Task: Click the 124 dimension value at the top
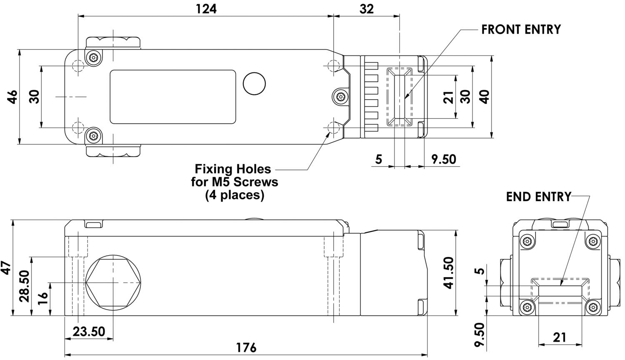pyautogui.click(x=206, y=9)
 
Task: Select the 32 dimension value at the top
pyautogui.click(x=366, y=9)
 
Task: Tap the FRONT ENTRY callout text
pyautogui.click(x=521, y=30)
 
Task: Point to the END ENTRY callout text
pyautogui.click(x=538, y=197)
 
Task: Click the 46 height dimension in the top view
pyautogui.click(x=13, y=97)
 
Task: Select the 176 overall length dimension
pyautogui.click(x=246, y=348)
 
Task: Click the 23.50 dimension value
pyautogui.click(x=89, y=332)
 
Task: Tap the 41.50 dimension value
pyautogui.click(x=449, y=273)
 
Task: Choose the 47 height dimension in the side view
pyautogui.click(x=6, y=268)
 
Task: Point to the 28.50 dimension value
pyautogui.click(x=24, y=286)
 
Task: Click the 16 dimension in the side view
pyautogui.click(x=43, y=298)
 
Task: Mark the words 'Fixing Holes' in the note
pyautogui.click(x=232, y=169)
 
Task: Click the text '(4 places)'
pyautogui.click(x=235, y=195)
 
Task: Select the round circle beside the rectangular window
pyautogui.click(x=254, y=83)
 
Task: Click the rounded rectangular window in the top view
pyautogui.click(x=173, y=97)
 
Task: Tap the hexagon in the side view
pyautogui.click(x=113, y=282)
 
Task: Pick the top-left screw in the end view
pyautogui.click(x=527, y=241)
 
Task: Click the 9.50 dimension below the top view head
pyautogui.click(x=444, y=159)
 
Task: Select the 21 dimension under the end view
pyautogui.click(x=560, y=337)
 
